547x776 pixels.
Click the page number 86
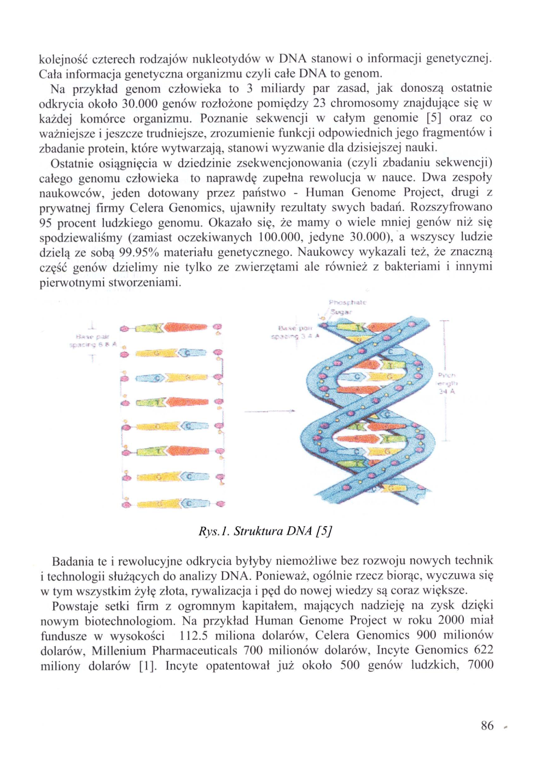click(x=487, y=726)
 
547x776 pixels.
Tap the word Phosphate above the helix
click(x=347, y=302)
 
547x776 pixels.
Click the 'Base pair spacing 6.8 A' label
click(x=92, y=341)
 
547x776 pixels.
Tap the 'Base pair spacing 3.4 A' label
click(x=295, y=332)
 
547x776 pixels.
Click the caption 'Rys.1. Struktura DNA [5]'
click(x=265, y=531)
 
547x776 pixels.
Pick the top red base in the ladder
click(x=186, y=327)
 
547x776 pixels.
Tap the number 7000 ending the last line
click(x=480, y=665)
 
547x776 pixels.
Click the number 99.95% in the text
click(x=139, y=252)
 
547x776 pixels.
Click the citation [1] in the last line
click(x=147, y=666)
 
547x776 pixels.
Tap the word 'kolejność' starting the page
click(x=63, y=58)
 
